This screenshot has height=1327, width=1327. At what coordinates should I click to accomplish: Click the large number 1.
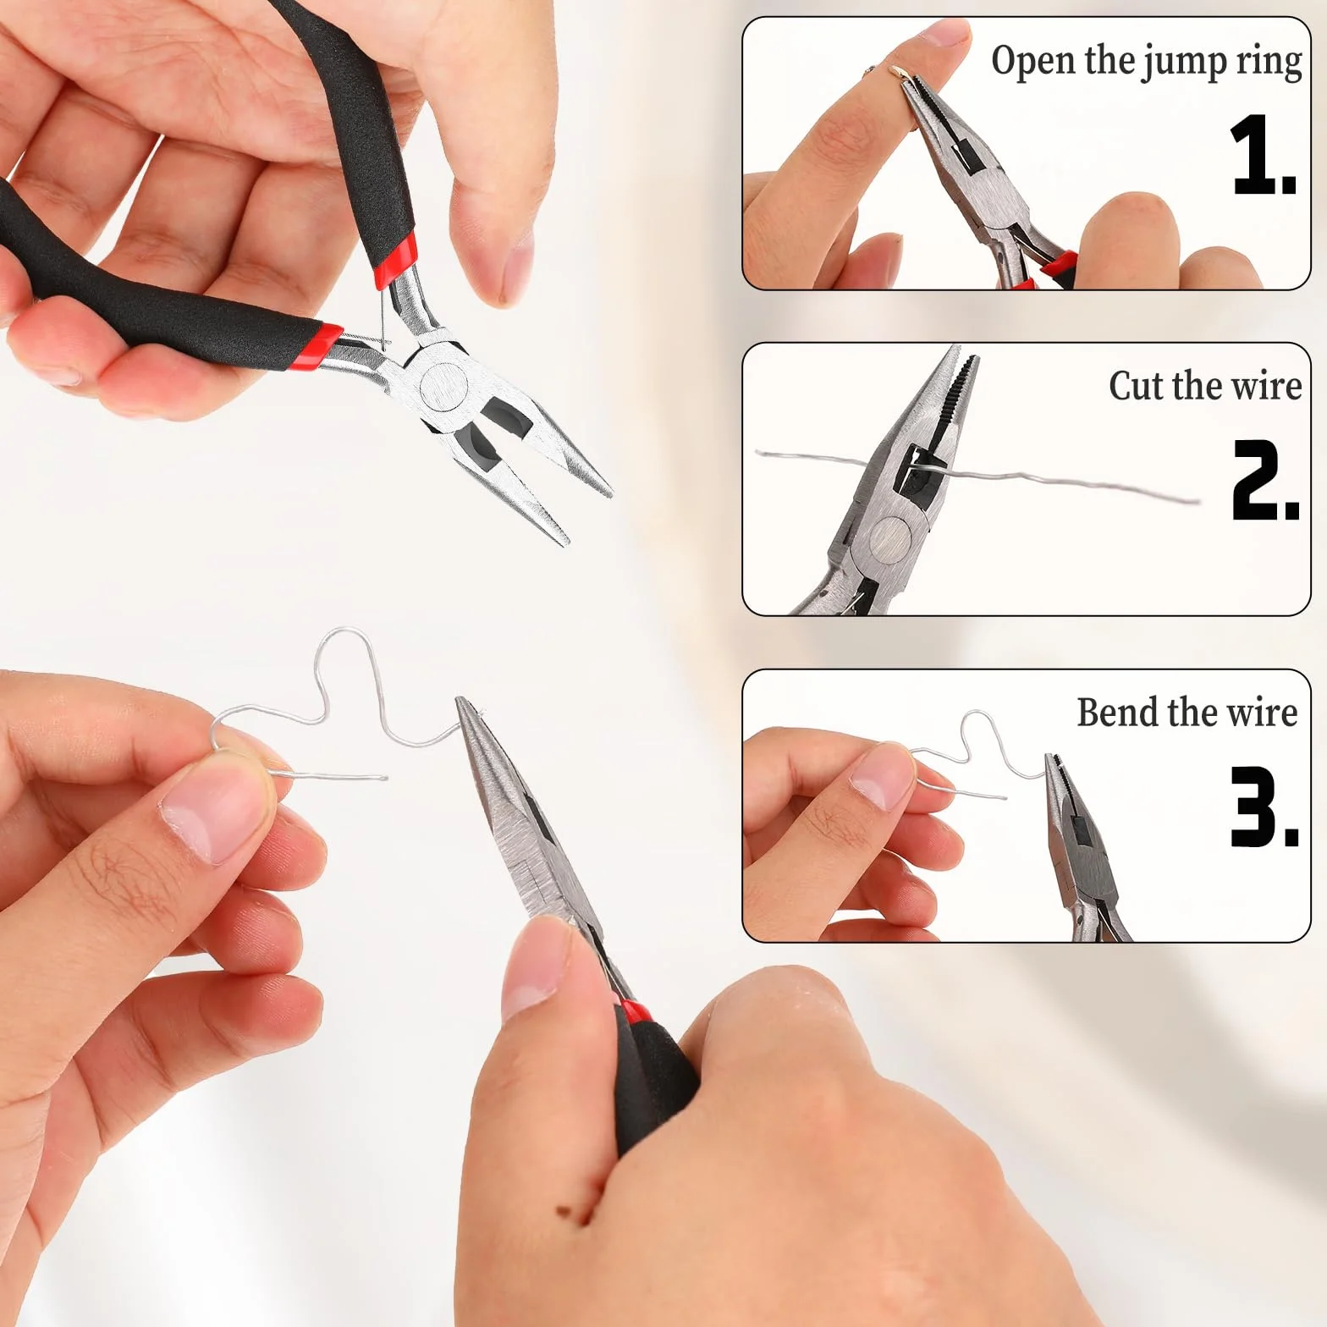click(x=1262, y=155)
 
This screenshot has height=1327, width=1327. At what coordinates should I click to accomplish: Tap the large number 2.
click(x=1264, y=479)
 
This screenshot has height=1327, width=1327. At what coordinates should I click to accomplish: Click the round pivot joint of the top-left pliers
click(x=444, y=386)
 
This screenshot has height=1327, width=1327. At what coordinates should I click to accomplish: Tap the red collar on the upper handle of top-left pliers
click(x=395, y=259)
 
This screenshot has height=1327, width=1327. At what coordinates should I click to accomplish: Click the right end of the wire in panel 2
click(x=1198, y=500)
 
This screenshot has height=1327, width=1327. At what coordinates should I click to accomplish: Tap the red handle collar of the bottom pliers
click(x=636, y=1011)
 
